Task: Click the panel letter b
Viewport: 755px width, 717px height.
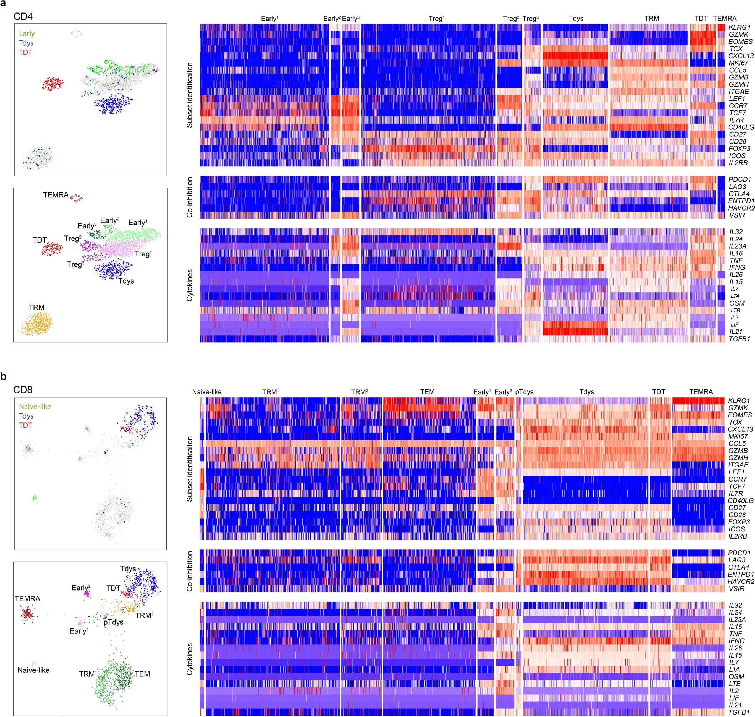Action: pyautogui.click(x=4, y=376)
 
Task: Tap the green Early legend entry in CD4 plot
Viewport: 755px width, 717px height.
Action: pyautogui.click(x=27, y=33)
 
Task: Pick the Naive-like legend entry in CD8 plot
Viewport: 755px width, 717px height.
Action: pyautogui.click(x=35, y=407)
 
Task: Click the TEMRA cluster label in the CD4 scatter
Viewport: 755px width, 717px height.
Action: pyautogui.click(x=56, y=195)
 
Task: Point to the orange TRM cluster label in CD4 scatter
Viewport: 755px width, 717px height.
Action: pyautogui.click(x=36, y=307)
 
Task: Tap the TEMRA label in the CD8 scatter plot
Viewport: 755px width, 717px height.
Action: pyautogui.click(x=27, y=598)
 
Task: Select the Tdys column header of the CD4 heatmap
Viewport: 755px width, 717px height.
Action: pyautogui.click(x=576, y=19)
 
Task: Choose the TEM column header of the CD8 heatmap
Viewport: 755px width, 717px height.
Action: pyautogui.click(x=428, y=392)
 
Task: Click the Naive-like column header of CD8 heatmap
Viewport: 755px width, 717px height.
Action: pyautogui.click(x=206, y=392)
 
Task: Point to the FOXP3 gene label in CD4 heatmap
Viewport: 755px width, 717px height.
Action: pyautogui.click(x=739, y=149)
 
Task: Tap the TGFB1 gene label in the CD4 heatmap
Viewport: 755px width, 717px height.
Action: pyautogui.click(x=739, y=339)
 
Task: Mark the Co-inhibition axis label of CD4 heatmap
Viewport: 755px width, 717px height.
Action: pyautogui.click(x=189, y=197)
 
